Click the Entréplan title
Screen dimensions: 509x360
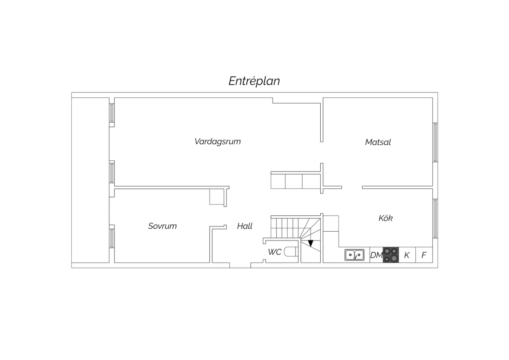pyautogui.click(x=254, y=81)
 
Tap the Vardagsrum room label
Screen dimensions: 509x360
pyautogui.click(x=218, y=142)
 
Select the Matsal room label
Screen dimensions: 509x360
pyautogui.click(x=378, y=142)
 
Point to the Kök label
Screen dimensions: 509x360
pyautogui.click(x=385, y=218)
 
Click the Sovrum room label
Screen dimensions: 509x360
pyautogui.click(x=162, y=226)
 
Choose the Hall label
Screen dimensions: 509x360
pyautogui.click(x=245, y=226)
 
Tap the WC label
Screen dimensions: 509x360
pyautogui.click(x=275, y=252)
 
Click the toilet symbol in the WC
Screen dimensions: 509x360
pyautogui.click(x=291, y=252)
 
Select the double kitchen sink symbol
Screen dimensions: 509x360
pyautogui.click(x=354, y=255)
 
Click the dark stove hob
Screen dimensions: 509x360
pyautogui.click(x=391, y=255)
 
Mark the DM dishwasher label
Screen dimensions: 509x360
pyautogui.click(x=377, y=255)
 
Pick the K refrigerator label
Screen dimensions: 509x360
pyautogui.click(x=407, y=255)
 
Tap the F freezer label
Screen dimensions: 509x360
pyautogui.click(x=424, y=255)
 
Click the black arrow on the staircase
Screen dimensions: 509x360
pyautogui.click(x=310, y=243)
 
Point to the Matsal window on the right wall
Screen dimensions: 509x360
pyautogui.click(x=435, y=142)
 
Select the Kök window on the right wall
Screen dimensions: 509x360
pyautogui.click(x=435, y=218)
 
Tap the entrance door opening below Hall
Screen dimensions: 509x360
pyautogui.click(x=240, y=265)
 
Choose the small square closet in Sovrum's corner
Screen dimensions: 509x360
pyautogui.click(x=217, y=197)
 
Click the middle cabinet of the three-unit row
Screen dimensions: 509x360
pyautogui.click(x=294, y=181)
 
